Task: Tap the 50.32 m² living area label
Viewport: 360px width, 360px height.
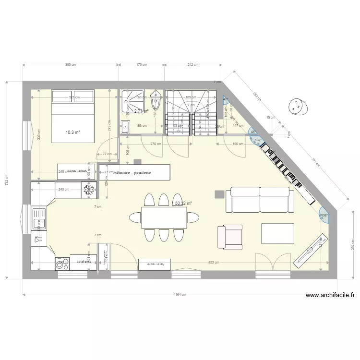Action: coord(183,204)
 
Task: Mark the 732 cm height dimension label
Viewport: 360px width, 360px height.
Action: coord(7,180)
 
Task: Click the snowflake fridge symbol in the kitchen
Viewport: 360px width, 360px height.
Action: coord(88,190)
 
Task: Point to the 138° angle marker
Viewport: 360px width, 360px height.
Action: coord(324,215)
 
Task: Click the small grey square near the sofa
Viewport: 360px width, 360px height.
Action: coord(219,193)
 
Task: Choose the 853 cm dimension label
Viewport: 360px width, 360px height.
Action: coord(215,263)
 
